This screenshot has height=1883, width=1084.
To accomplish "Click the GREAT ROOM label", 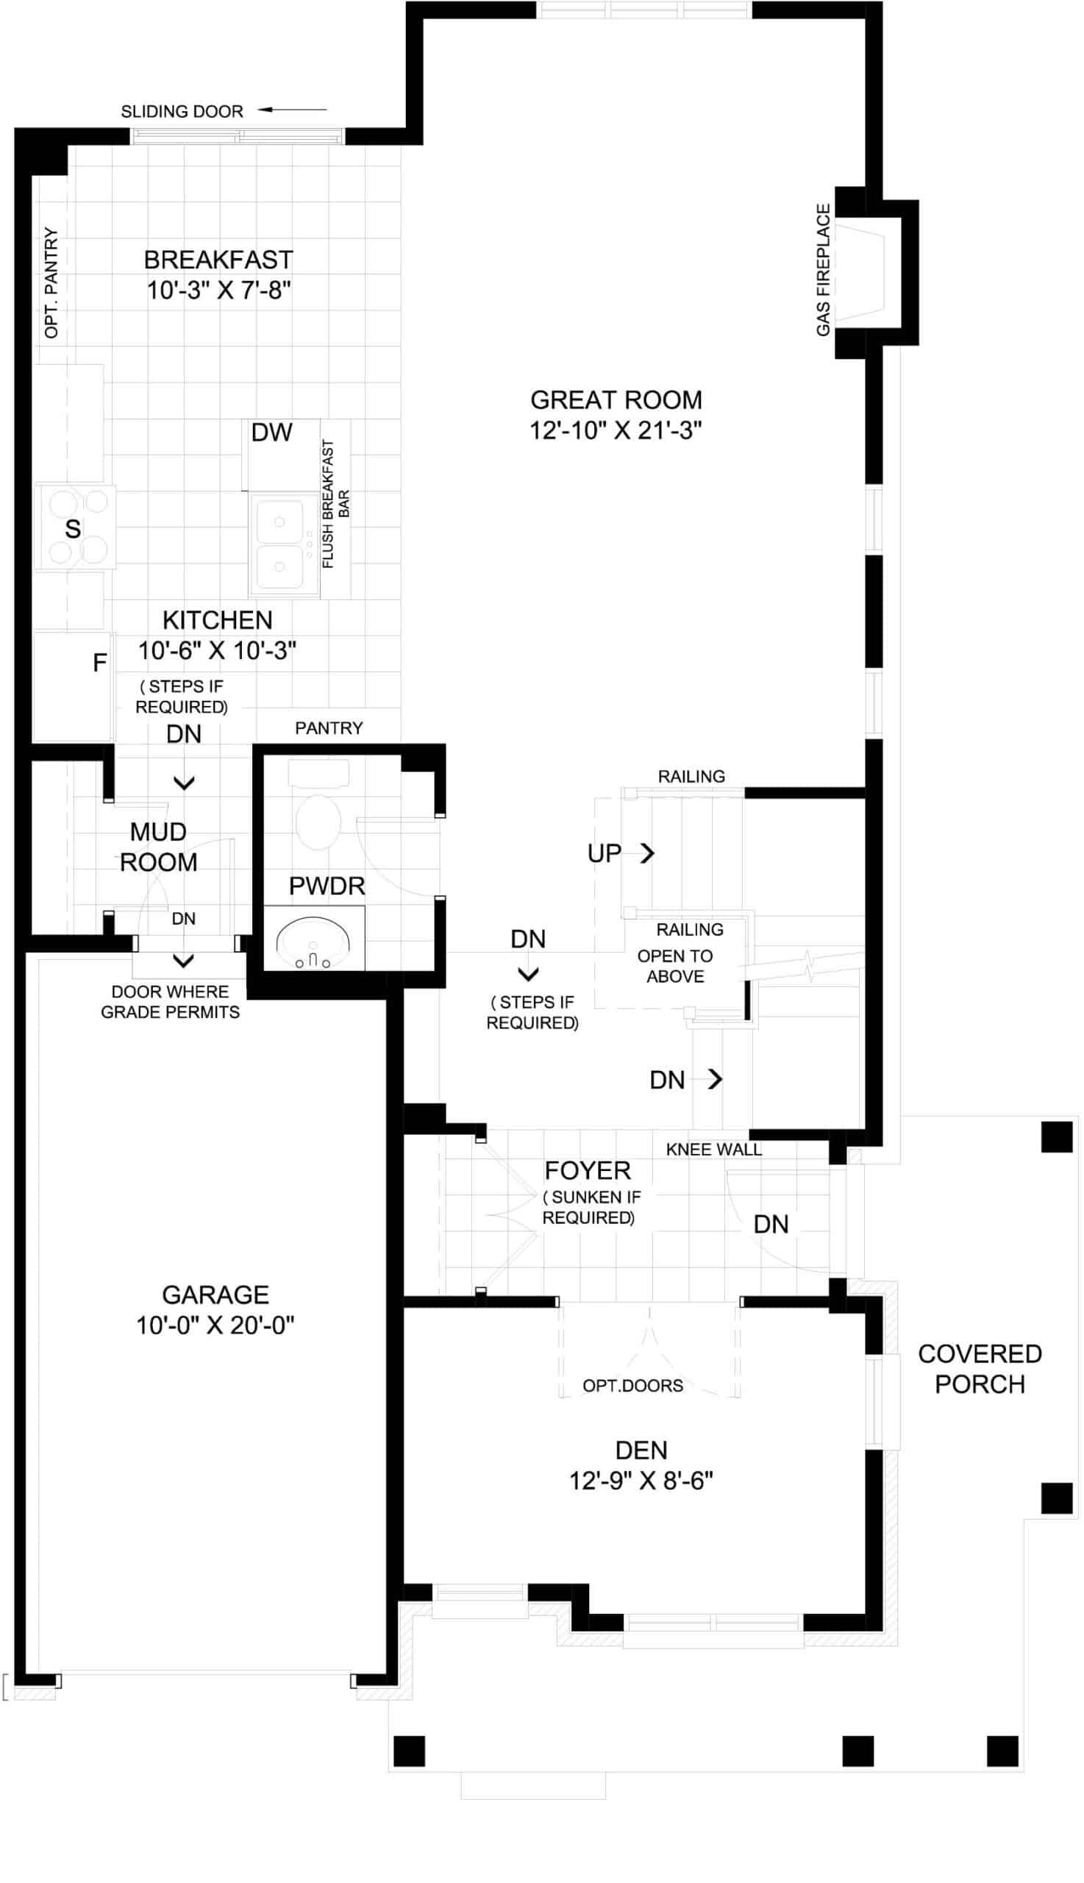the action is coord(616,400).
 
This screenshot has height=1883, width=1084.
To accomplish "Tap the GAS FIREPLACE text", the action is coord(823,269).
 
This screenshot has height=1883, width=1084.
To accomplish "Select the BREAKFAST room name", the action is coord(218,260).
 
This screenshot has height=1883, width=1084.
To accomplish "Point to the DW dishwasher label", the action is coord(272,432).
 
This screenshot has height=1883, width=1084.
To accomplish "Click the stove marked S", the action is coord(75,527).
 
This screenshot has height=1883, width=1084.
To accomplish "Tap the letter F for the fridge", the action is coord(100,663).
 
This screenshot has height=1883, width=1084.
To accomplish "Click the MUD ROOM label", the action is coord(159,847).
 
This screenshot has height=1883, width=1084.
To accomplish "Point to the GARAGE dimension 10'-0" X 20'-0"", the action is coord(215,1325).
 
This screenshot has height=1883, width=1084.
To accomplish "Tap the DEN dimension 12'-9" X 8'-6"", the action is coord(641,1480).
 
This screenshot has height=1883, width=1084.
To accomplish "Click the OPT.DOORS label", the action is coord(633,1385).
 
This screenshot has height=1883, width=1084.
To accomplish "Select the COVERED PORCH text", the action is coord(980,1369).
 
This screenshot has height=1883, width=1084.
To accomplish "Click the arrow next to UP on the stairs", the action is coord(647,852).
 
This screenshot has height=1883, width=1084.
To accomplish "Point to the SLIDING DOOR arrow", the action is coord(292,110).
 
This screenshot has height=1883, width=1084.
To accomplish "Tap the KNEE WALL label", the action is coord(714,1149).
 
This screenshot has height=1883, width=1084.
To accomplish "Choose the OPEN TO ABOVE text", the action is coord(674,966).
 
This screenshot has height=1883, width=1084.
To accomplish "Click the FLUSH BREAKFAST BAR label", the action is coord(335,504).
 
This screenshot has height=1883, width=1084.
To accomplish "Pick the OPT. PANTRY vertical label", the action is coord(51,282).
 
